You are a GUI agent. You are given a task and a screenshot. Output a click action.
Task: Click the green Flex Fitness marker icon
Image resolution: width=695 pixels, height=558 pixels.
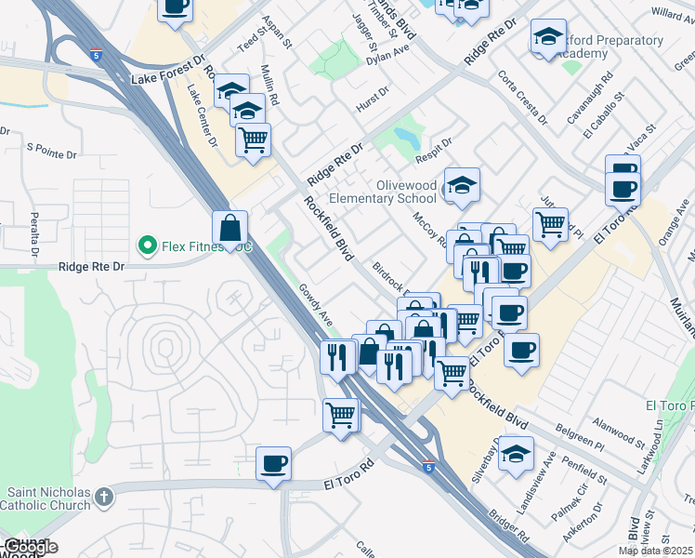(146, 246)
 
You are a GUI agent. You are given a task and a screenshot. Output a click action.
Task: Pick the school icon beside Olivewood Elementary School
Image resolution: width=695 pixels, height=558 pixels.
(462, 185)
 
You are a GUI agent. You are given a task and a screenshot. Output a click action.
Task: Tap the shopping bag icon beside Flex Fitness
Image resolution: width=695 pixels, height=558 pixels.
(229, 228)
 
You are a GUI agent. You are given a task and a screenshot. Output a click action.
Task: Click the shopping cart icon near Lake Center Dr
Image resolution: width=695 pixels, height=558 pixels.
(253, 140)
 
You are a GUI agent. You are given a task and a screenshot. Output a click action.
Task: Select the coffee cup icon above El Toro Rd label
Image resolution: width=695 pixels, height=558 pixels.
(273, 464)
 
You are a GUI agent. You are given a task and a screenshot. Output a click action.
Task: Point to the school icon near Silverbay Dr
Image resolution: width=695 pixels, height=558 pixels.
(516, 454)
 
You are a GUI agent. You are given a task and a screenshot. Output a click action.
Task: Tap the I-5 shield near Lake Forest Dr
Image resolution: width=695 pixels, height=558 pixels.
(97, 56)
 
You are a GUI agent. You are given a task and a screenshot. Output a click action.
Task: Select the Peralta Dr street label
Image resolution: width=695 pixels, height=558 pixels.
(34, 237)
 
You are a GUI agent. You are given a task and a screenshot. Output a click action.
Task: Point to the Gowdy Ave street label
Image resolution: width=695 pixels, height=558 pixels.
(316, 305)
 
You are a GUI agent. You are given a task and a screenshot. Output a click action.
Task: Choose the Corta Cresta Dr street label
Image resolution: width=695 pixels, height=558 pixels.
(521, 98)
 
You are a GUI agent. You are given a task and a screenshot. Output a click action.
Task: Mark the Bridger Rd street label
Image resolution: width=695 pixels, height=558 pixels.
(511, 525)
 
